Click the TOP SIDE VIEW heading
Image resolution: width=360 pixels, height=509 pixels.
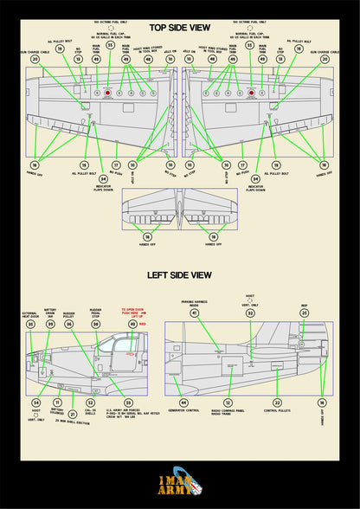click(179, 29)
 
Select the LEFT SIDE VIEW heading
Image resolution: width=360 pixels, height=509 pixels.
click(179, 275)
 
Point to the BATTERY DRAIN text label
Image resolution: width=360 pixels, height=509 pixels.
click(50, 312)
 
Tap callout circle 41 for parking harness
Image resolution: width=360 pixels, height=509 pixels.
click(195, 313)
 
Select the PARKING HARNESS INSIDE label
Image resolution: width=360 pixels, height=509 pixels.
click(195, 303)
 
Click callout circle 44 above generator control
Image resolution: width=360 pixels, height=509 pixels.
click(183, 403)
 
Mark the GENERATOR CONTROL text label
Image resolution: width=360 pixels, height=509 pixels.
click(183, 412)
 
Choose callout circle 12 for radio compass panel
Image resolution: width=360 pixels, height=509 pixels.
click(228, 403)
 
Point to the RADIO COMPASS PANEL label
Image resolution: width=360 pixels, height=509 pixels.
click(228, 413)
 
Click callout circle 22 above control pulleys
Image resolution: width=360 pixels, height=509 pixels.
click(277, 403)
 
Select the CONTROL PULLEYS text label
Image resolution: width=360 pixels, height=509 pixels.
click(277, 412)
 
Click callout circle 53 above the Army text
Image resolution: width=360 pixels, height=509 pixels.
click(127, 403)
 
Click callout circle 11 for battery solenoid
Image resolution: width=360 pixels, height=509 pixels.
click(57, 403)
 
